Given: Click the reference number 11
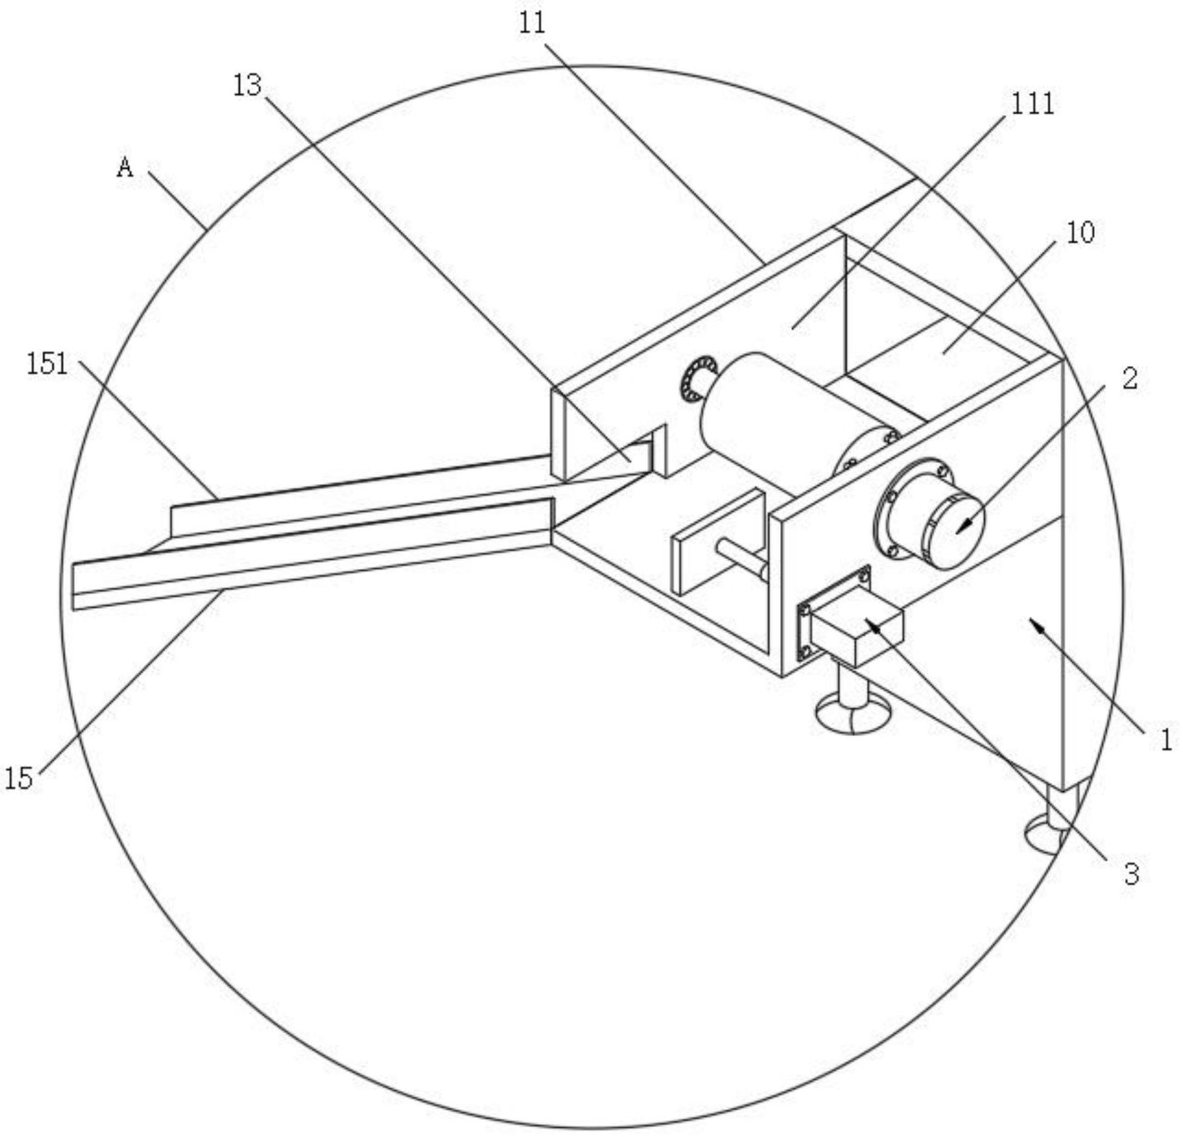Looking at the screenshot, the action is [x=532, y=24].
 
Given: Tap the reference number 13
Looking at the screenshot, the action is [x=247, y=86].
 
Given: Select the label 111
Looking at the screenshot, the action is [x=1032, y=104].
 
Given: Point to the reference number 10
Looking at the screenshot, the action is [x=1080, y=232].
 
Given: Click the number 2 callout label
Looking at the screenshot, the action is [x=1130, y=379].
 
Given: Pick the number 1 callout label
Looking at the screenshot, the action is [x=1166, y=741].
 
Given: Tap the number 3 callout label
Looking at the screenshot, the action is [x=1131, y=875].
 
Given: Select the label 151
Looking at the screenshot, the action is [x=47, y=364].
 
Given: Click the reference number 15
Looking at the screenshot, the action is [x=18, y=779].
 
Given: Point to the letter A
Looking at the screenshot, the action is [x=125, y=167].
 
